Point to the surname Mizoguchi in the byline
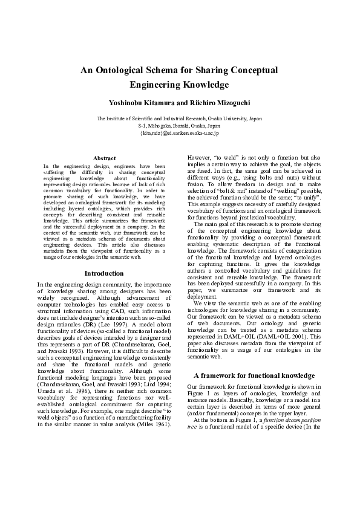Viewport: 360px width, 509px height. click(227, 103)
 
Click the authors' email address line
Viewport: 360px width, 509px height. click(179, 132)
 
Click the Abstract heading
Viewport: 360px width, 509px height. click(103, 158)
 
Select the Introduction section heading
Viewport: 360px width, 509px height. click(103, 273)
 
